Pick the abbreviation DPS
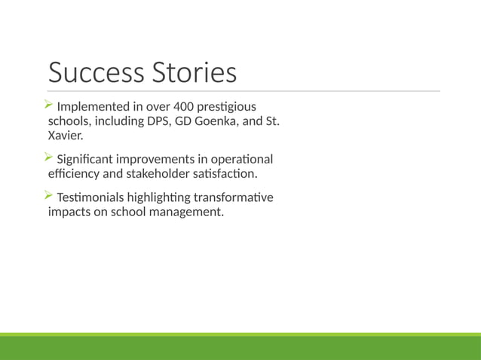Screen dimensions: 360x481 (156, 121)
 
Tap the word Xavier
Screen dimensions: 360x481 (66, 136)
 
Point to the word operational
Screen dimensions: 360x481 (243, 159)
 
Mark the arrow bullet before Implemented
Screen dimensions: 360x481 (50, 105)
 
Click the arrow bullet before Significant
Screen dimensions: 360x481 (50, 157)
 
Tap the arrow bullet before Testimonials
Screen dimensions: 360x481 (50, 196)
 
